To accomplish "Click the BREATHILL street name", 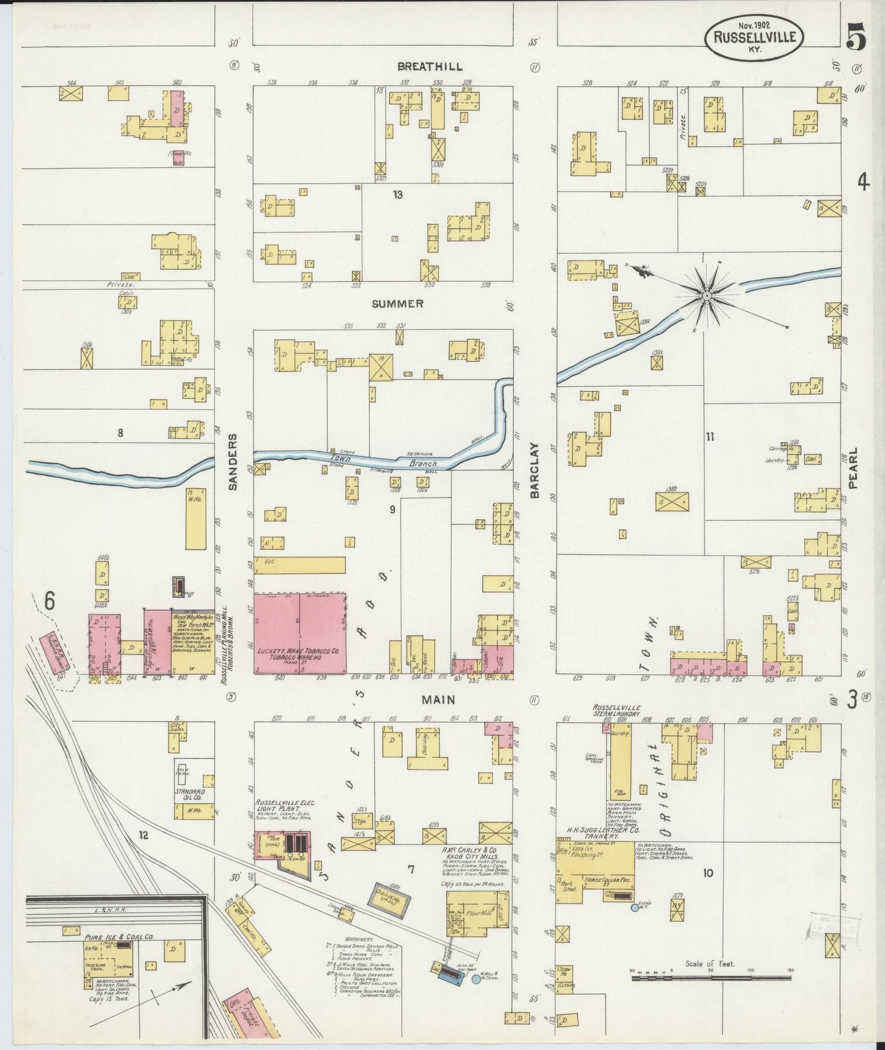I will point(429,66).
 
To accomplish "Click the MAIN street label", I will point(437,699).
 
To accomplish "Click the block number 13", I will point(398,195).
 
